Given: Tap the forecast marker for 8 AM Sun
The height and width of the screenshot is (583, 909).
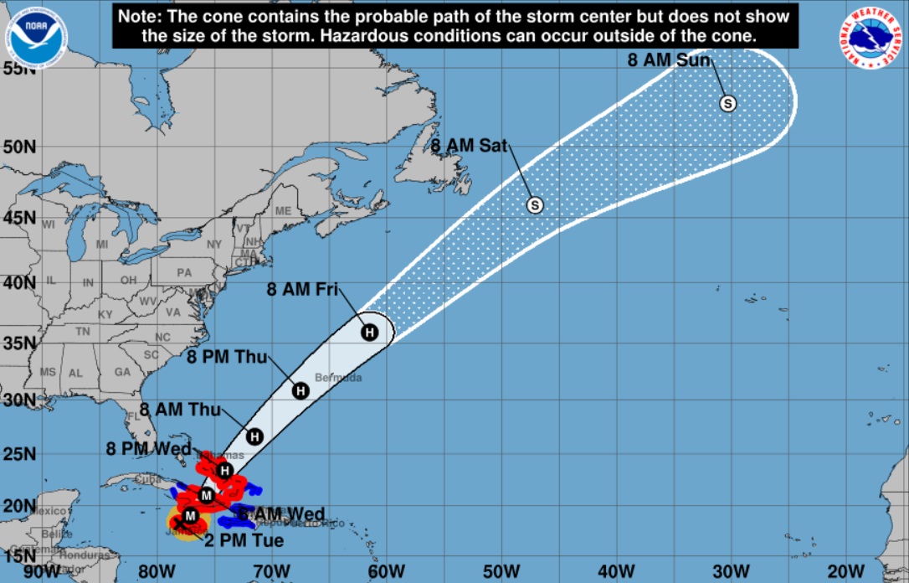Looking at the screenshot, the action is tap(728, 103).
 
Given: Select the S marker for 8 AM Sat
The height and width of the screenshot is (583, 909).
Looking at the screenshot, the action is tap(535, 204).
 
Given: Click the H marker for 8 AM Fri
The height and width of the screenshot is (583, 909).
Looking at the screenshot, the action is tap(369, 332).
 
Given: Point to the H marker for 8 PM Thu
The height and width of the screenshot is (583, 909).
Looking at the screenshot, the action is tap(301, 390).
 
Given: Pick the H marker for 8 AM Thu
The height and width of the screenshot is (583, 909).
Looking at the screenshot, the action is tap(255, 436).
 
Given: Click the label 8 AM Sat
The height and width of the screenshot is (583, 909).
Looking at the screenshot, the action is tap(469, 146).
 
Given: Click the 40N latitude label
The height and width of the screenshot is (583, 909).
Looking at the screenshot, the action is tap(18, 282).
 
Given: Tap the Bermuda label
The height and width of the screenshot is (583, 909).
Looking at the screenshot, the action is tap(338, 378).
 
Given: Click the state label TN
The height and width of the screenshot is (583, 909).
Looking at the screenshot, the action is tap(83, 332).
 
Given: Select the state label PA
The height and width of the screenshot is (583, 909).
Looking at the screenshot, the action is tap(184, 272).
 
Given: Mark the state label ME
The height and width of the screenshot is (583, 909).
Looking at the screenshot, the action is tap(284, 211).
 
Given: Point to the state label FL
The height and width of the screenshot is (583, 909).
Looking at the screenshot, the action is tap(132, 415).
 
